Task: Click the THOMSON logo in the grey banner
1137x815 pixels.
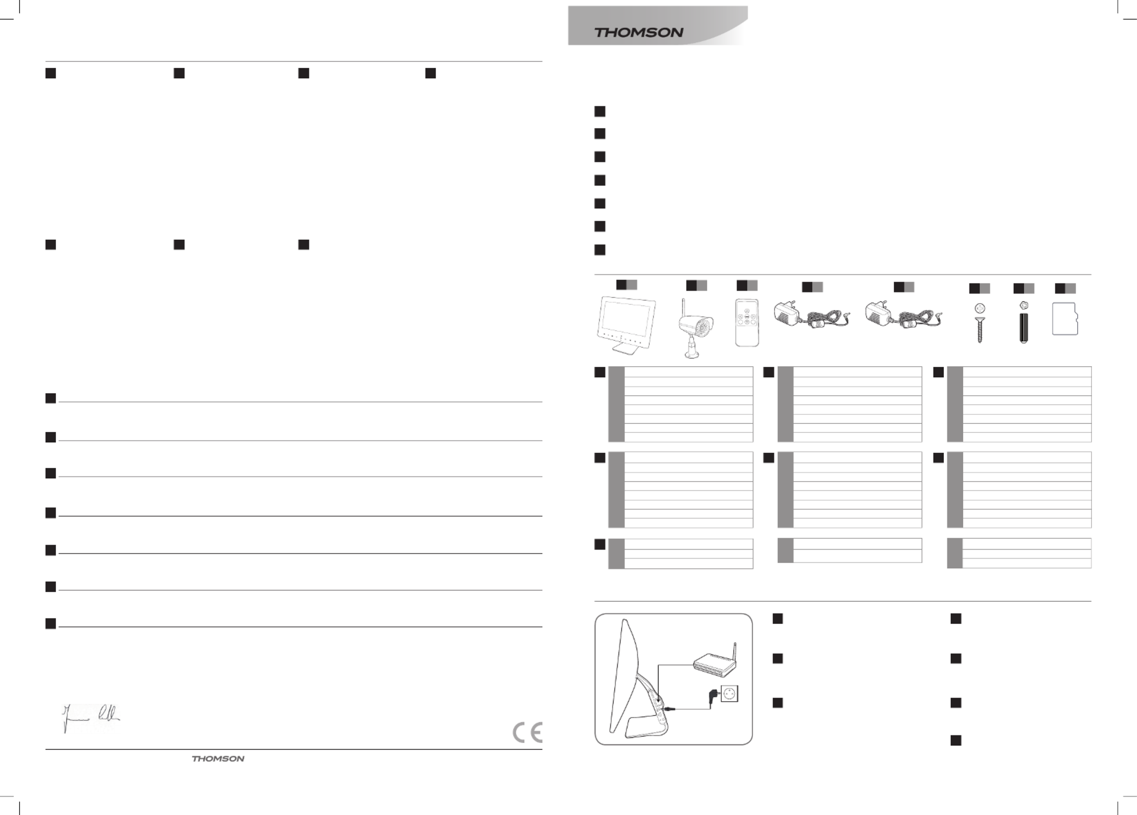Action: [x=639, y=33]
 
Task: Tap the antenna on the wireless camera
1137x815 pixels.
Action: [x=683, y=308]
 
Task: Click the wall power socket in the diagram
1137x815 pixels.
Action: [x=730, y=694]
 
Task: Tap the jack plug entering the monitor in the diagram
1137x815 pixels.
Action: [x=669, y=709]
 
